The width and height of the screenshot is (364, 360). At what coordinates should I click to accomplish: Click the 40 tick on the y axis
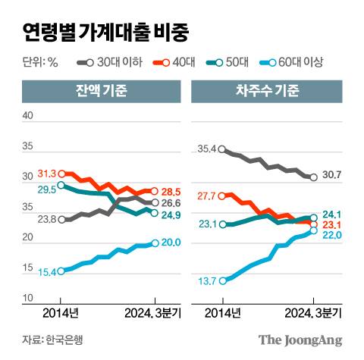[x=29, y=116]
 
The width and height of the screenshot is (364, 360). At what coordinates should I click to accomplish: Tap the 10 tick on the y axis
[x=29, y=299]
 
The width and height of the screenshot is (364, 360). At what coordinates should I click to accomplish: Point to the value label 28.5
[x=172, y=191]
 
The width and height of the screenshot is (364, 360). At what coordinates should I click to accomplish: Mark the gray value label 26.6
[x=172, y=203]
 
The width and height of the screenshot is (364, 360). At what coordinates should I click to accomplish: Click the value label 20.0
[x=172, y=243]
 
